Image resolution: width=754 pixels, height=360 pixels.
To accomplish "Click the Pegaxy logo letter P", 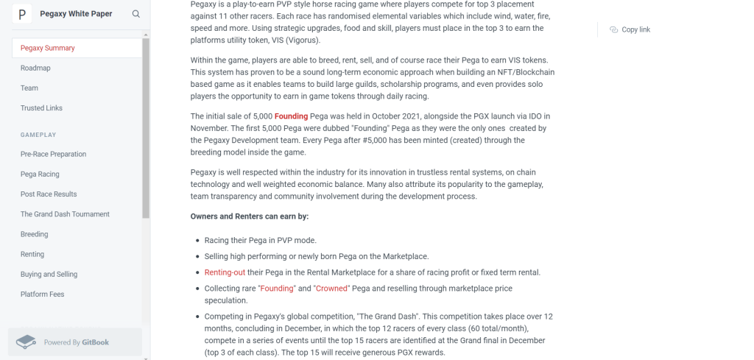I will click(21, 14).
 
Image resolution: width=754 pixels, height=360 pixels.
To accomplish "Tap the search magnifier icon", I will click(136, 14).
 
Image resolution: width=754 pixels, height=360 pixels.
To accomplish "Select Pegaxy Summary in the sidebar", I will click(48, 48).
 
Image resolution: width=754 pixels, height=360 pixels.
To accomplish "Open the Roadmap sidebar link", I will click(35, 68).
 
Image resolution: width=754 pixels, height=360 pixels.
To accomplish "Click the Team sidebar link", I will click(29, 88).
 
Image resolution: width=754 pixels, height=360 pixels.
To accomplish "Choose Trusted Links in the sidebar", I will click(41, 108).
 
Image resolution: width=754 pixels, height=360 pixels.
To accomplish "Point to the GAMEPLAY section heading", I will click(38, 135).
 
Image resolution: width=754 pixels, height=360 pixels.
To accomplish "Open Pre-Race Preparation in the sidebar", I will click(53, 154).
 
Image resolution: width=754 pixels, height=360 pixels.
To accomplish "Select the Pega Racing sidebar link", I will click(40, 174).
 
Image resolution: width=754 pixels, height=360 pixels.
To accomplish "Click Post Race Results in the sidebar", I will click(49, 194).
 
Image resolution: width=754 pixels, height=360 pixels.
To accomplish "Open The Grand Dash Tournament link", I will click(65, 214).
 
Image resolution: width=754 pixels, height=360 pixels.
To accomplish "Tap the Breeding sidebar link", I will click(34, 234).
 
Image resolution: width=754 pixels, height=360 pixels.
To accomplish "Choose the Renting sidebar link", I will click(32, 254).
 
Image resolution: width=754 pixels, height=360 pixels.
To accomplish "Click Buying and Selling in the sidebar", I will click(49, 274).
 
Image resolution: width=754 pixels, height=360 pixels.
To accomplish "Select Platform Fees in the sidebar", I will click(42, 294).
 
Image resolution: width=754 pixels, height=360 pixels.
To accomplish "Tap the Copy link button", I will click(630, 29).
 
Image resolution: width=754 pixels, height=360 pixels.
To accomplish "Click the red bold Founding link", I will click(291, 116).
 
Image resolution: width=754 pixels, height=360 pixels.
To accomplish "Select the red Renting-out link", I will click(225, 272).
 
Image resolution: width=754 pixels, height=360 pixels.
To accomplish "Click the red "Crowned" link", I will click(331, 289).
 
